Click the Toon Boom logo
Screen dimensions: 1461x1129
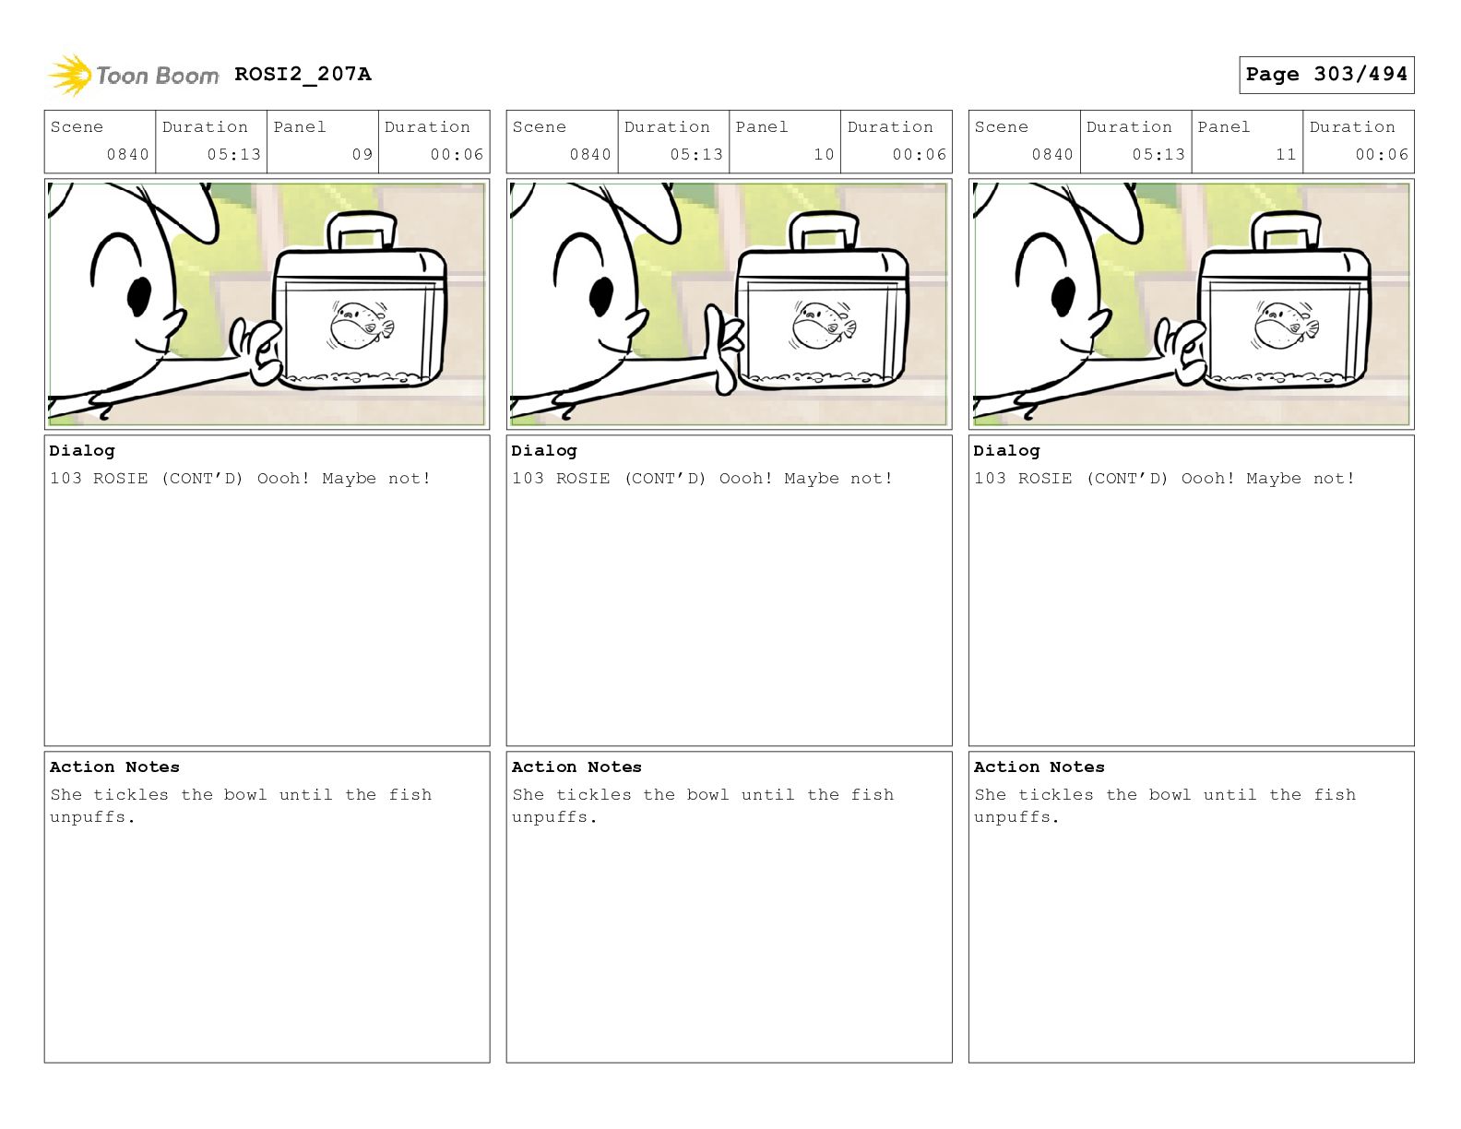pyautogui.click(x=134, y=75)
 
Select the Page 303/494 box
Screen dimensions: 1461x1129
pyautogui.click(x=1326, y=75)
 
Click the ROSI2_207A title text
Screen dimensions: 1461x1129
pyautogui.click(x=303, y=74)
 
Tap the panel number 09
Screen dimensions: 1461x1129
pyautogui.click(x=362, y=155)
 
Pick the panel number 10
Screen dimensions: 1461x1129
pyautogui.click(x=825, y=155)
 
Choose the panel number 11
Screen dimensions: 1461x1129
pyautogui.click(x=1286, y=155)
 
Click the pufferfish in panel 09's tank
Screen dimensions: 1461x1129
pyautogui.click(x=361, y=326)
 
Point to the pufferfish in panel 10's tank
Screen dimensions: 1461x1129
pyautogui.click(x=824, y=326)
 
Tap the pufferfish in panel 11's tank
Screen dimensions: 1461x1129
pyautogui.click(x=1286, y=326)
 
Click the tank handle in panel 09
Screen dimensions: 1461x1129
pyautogui.click(x=361, y=232)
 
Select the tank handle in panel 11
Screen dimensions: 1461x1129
pyautogui.click(x=1286, y=232)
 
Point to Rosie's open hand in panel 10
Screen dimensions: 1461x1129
pyautogui.click(x=723, y=350)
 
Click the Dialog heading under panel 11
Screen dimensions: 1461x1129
pyautogui.click(x=1006, y=450)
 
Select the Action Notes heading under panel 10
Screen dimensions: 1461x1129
pyautogui.click(x=576, y=767)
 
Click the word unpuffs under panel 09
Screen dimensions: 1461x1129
pyautogui.click(x=88, y=817)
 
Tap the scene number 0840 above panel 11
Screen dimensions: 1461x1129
pyautogui.click(x=1052, y=155)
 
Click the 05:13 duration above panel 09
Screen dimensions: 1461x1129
pyautogui.click(x=234, y=155)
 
